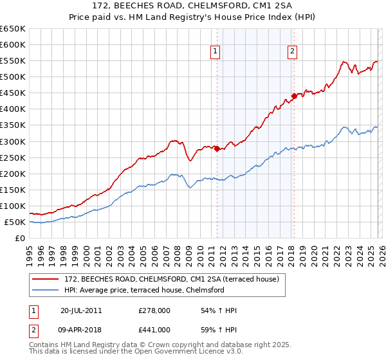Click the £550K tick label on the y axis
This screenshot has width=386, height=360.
tap(13, 61)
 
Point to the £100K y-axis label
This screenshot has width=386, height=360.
tap(13, 206)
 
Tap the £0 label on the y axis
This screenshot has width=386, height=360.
tap(20, 239)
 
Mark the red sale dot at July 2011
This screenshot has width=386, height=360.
tap(217, 148)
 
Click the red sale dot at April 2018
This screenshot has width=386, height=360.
tap(293, 96)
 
